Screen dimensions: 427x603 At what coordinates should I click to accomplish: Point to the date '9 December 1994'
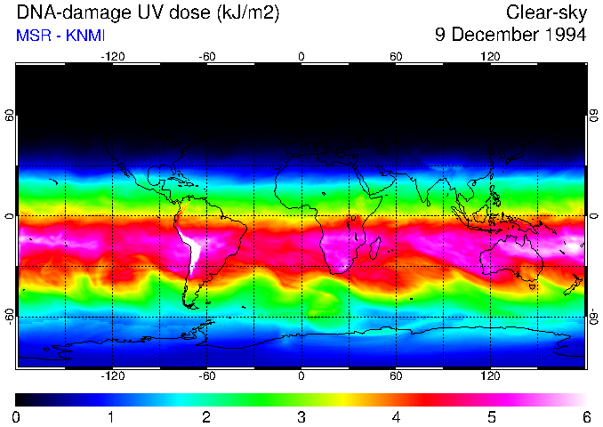pos(511,36)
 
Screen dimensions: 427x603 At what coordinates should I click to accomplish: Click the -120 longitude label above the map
pos(112,56)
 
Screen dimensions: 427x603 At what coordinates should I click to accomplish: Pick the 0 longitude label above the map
pos(301,56)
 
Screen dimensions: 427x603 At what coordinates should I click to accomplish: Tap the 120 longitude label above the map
pos(490,56)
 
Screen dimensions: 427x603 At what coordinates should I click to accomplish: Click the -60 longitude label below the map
pos(206,376)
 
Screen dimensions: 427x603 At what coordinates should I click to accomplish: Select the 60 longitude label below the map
pos(396,376)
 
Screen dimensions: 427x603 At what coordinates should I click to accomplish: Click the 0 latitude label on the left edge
pos(10,215)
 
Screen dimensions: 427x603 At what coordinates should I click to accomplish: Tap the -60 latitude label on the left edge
pos(10,316)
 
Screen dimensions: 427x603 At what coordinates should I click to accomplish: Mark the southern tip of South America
pos(189,305)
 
